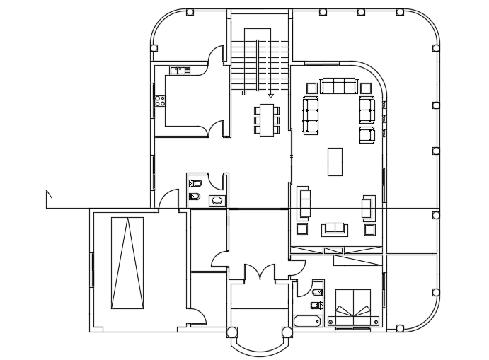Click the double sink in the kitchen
pos(178,70)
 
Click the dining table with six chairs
pos(267,120)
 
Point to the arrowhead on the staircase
pos(270,95)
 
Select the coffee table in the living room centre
pos(335,161)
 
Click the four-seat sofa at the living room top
pos(337,86)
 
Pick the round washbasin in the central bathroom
pos(217,201)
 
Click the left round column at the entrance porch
pos(231,332)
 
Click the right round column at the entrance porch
pos(286,332)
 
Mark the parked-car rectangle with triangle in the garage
pos(127,262)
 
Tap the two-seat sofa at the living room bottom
pos(334,228)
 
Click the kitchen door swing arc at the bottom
pos(214,129)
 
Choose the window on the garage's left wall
pos(91,269)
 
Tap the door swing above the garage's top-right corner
pos(168,199)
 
